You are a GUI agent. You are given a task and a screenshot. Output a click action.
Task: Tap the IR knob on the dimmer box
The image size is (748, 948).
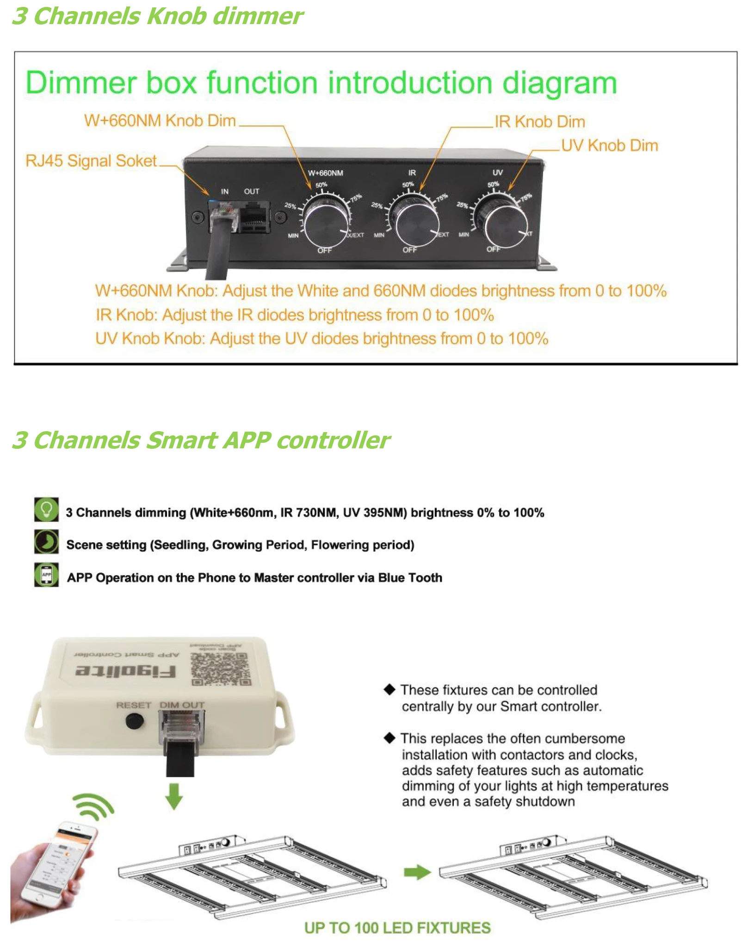click(x=413, y=222)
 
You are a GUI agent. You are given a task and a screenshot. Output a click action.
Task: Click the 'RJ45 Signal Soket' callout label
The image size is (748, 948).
click(x=91, y=161)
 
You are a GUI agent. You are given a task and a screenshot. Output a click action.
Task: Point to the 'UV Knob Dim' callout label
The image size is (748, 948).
click(x=609, y=145)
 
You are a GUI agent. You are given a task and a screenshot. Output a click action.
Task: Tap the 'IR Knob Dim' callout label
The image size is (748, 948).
click(x=539, y=122)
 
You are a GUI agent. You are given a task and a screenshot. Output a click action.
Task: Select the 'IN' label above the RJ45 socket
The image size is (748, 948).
click(x=225, y=191)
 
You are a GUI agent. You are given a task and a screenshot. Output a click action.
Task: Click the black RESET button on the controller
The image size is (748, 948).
click(x=135, y=721)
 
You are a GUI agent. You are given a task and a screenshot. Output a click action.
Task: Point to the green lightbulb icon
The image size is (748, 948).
click(x=46, y=509)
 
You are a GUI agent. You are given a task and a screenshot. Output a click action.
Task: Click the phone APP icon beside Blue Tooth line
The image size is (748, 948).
click(x=46, y=575)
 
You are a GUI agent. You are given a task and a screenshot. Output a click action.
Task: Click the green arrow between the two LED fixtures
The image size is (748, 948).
click(x=417, y=872)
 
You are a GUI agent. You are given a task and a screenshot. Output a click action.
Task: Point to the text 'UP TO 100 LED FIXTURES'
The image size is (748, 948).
click(x=397, y=928)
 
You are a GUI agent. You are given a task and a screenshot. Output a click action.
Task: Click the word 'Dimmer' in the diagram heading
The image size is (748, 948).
click(x=81, y=83)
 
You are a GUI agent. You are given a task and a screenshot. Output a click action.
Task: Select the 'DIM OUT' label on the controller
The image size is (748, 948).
click(x=182, y=705)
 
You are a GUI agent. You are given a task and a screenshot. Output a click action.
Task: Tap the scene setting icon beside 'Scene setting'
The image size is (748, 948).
click(x=46, y=542)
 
